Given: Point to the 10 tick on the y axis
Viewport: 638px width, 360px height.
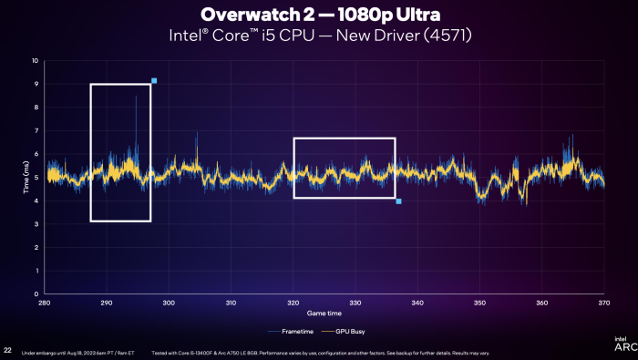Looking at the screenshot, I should (35, 61).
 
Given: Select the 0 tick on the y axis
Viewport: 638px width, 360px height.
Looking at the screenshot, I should (36, 293).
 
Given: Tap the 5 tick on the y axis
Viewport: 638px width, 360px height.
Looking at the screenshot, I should (36, 178).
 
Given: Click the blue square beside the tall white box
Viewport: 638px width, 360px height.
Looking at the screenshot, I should (154, 81).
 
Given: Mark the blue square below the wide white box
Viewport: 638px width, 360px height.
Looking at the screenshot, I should (399, 201).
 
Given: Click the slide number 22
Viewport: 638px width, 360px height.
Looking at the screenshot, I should (7, 350).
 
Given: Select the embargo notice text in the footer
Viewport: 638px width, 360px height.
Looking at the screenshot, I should (77, 353).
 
